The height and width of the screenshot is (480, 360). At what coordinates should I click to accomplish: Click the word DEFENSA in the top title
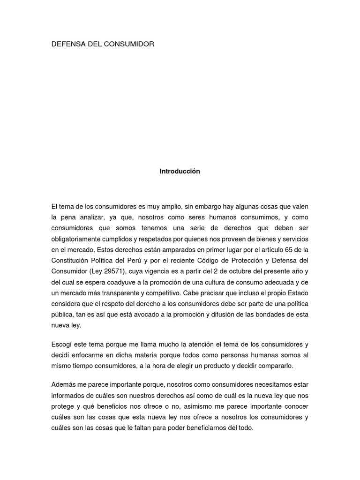pos(66,44)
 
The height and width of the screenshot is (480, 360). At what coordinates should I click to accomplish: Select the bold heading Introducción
pos(180,172)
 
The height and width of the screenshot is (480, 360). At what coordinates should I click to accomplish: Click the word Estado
pos(298,292)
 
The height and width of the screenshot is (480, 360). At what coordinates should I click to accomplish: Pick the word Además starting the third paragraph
pos(62,385)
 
